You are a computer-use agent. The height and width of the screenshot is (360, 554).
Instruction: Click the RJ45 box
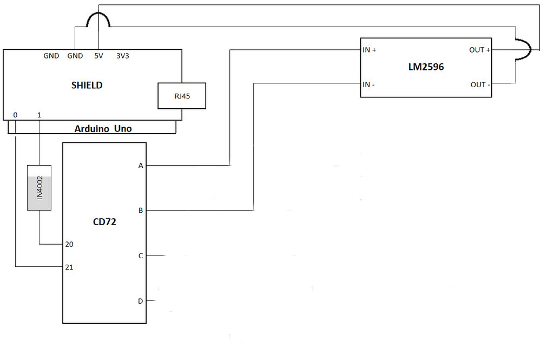(x=182, y=96)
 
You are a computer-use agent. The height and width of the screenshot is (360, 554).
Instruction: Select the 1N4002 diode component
(x=39, y=188)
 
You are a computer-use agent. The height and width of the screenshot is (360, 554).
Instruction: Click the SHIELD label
(x=87, y=85)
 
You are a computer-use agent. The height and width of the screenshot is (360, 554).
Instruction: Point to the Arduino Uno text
(x=103, y=128)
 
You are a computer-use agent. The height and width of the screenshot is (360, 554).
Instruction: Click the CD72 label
(x=104, y=221)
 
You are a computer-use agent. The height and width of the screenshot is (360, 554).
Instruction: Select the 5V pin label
(x=98, y=56)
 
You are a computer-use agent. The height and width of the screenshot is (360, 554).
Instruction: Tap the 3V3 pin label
(x=123, y=56)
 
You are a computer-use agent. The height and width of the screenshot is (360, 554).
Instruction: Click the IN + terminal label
(x=370, y=50)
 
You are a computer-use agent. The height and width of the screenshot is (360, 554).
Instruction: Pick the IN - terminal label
(x=369, y=84)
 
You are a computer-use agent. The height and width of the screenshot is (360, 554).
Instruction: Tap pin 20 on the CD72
(x=69, y=244)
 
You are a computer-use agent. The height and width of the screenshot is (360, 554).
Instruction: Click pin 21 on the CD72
(x=69, y=267)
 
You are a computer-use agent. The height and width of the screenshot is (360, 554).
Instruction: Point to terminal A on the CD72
(x=141, y=165)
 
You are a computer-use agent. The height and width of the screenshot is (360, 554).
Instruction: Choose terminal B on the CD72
(x=141, y=210)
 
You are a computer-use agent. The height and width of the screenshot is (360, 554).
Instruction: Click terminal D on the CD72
(x=141, y=300)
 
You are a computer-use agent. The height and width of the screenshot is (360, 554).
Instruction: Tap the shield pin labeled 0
(x=15, y=115)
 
